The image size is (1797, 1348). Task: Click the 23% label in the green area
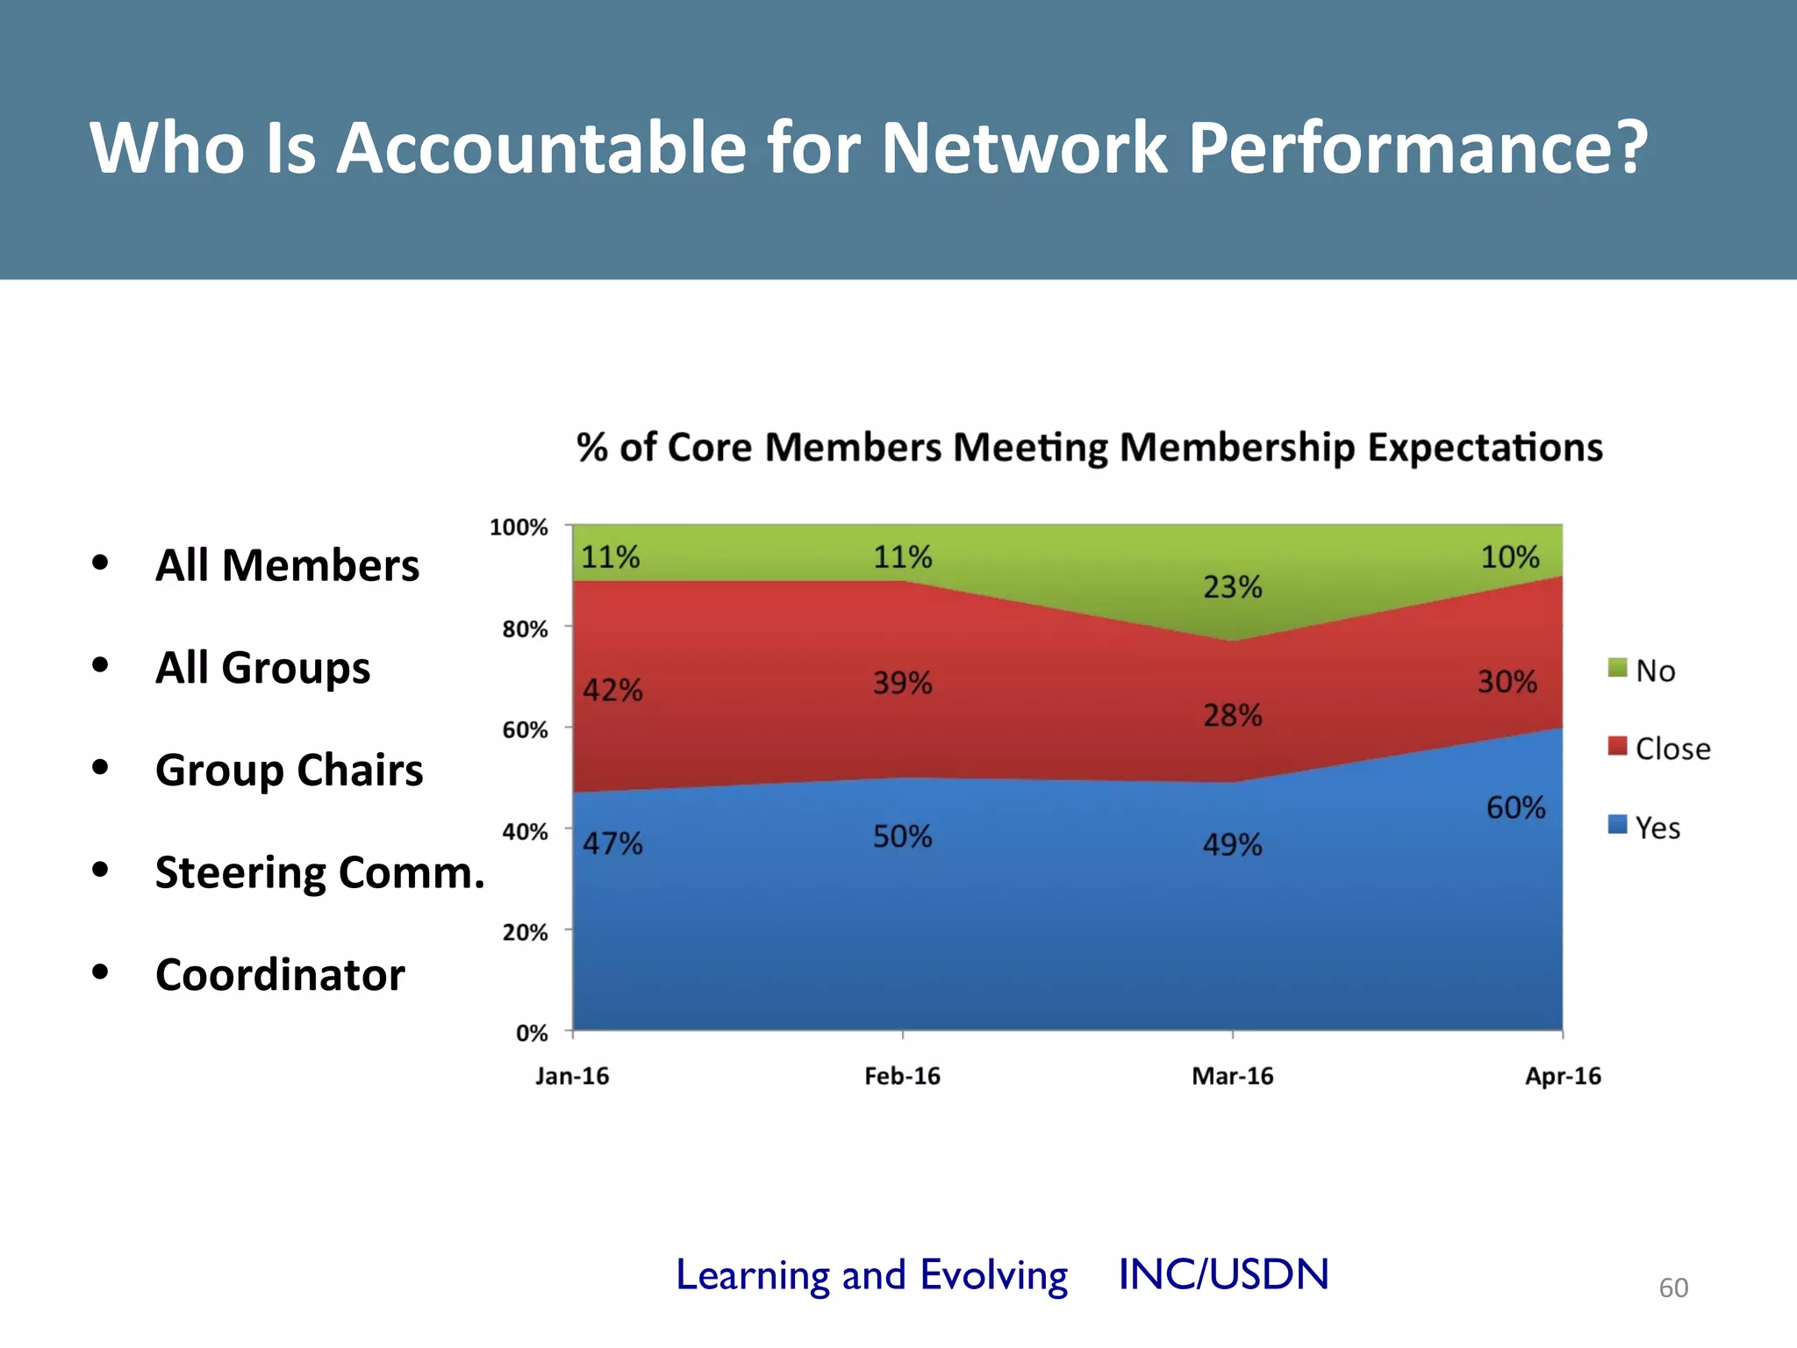pos(1232,587)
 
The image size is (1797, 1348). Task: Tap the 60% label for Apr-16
pos(1515,807)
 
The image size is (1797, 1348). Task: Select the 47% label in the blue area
pos(612,844)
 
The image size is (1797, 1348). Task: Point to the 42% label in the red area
pos(612,691)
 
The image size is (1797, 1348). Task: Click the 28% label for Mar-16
pos(1232,716)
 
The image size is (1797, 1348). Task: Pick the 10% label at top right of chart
pos(1509,557)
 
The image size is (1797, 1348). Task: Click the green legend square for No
pos(1617,669)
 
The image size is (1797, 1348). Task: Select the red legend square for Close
pos(1617,747)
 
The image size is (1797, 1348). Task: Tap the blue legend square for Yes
pos(1617,825)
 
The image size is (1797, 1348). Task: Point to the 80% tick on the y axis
pos(525,629)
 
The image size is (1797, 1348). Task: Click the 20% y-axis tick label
pos(525,933)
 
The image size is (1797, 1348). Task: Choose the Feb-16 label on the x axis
pos(902,1076)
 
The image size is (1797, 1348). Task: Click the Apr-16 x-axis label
pos(1563,1076)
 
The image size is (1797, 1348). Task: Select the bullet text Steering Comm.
pos(319,872)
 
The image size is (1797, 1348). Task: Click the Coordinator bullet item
pos(280,975)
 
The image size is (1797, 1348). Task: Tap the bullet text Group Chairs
pos(289,771)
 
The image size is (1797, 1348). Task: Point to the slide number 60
pos(1672,1287)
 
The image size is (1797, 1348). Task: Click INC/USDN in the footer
pos(1223,1274)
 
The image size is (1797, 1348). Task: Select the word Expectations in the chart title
pos(1485,448)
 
